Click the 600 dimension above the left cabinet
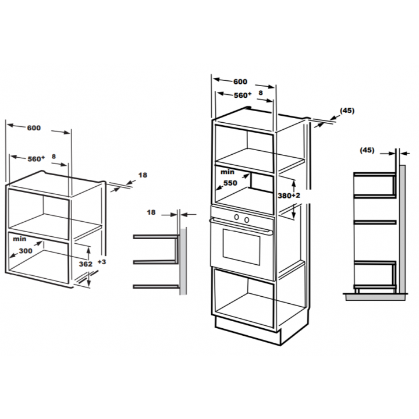pyautogui.click(x=34, y=128)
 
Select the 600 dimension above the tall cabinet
pyautogui.click(x=240, y=82)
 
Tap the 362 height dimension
pyautogui.click(x=86, y=264)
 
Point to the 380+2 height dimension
pyautogui.click(x=289, y=196)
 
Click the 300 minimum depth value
pyautogui.click(x=26, y=251)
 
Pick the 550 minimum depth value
pyautogui.click(x=230, y=183)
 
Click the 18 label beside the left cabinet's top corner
pyautogui.click(x=143, y=175)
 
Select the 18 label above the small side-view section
pyautogui.click(x=151, y=212)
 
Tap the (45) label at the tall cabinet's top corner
pyautogui.click(x=347, y=111)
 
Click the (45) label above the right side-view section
pyautogui.click(x=367, y=150)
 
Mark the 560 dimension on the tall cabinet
pyautogui.click(x=243, y=95)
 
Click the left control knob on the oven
pyautogui.click(x=236, y=217)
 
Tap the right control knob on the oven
pyautogui.click(x=247, y=219)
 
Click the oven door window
pyautogui.click(x=242, y=247)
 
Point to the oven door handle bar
pyautogui.click(x=241, y=226)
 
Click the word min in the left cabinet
pyautogui.click(x=20, y=239)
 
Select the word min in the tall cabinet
pyautogui.click(x=228, y=172)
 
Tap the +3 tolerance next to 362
pyautogui.click(x=102, y=262)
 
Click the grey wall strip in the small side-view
pyautogui.click(x=183, y=261)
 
